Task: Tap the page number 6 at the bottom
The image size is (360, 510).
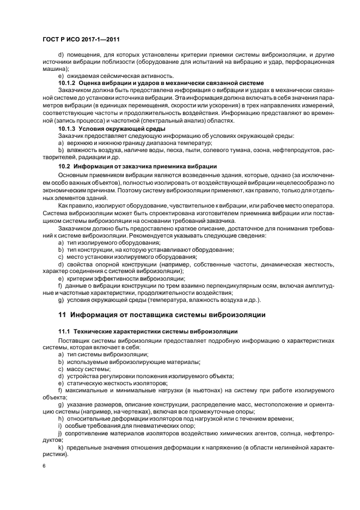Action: point(44,466)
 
